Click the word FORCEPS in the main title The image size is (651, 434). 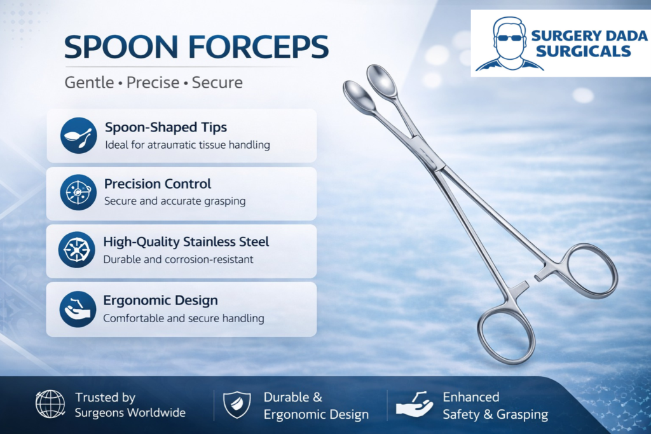pyautogui.click(x=258, y=47)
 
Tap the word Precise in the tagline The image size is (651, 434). pyautogui.click(x=153, y=83)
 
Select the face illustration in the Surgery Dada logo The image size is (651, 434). pyautogui.click(x=509, y=44)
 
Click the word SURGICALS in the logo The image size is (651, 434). pyautogui.click(x=584, y=51)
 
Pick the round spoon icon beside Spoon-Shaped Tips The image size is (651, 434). pyautogui.click(x=78, y=135)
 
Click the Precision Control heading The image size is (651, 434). pyautogui.click(x=158, y=184)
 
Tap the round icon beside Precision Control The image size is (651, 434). pyautogui.click(x=78, y=192)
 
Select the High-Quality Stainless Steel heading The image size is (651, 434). pyautogui.click(x=186, y=241)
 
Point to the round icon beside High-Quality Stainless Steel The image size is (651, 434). pyautogui.click(x=77, y=250)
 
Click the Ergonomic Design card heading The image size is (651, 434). pyautogui.click(x=160, y=300)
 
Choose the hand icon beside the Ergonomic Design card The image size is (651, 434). pyautogui.click(x=78, y=309)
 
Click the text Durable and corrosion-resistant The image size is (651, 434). pyautogui.click(x=178, y=260)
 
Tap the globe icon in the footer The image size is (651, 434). pyautogui.click(x=50, y=403)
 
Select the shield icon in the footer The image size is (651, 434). pyautogui.click(x=237, y=405)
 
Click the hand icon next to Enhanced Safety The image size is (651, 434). pyautogui.click(x=414, y=404)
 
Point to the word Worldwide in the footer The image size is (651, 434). pyautogui.click(x=157, y=413)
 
